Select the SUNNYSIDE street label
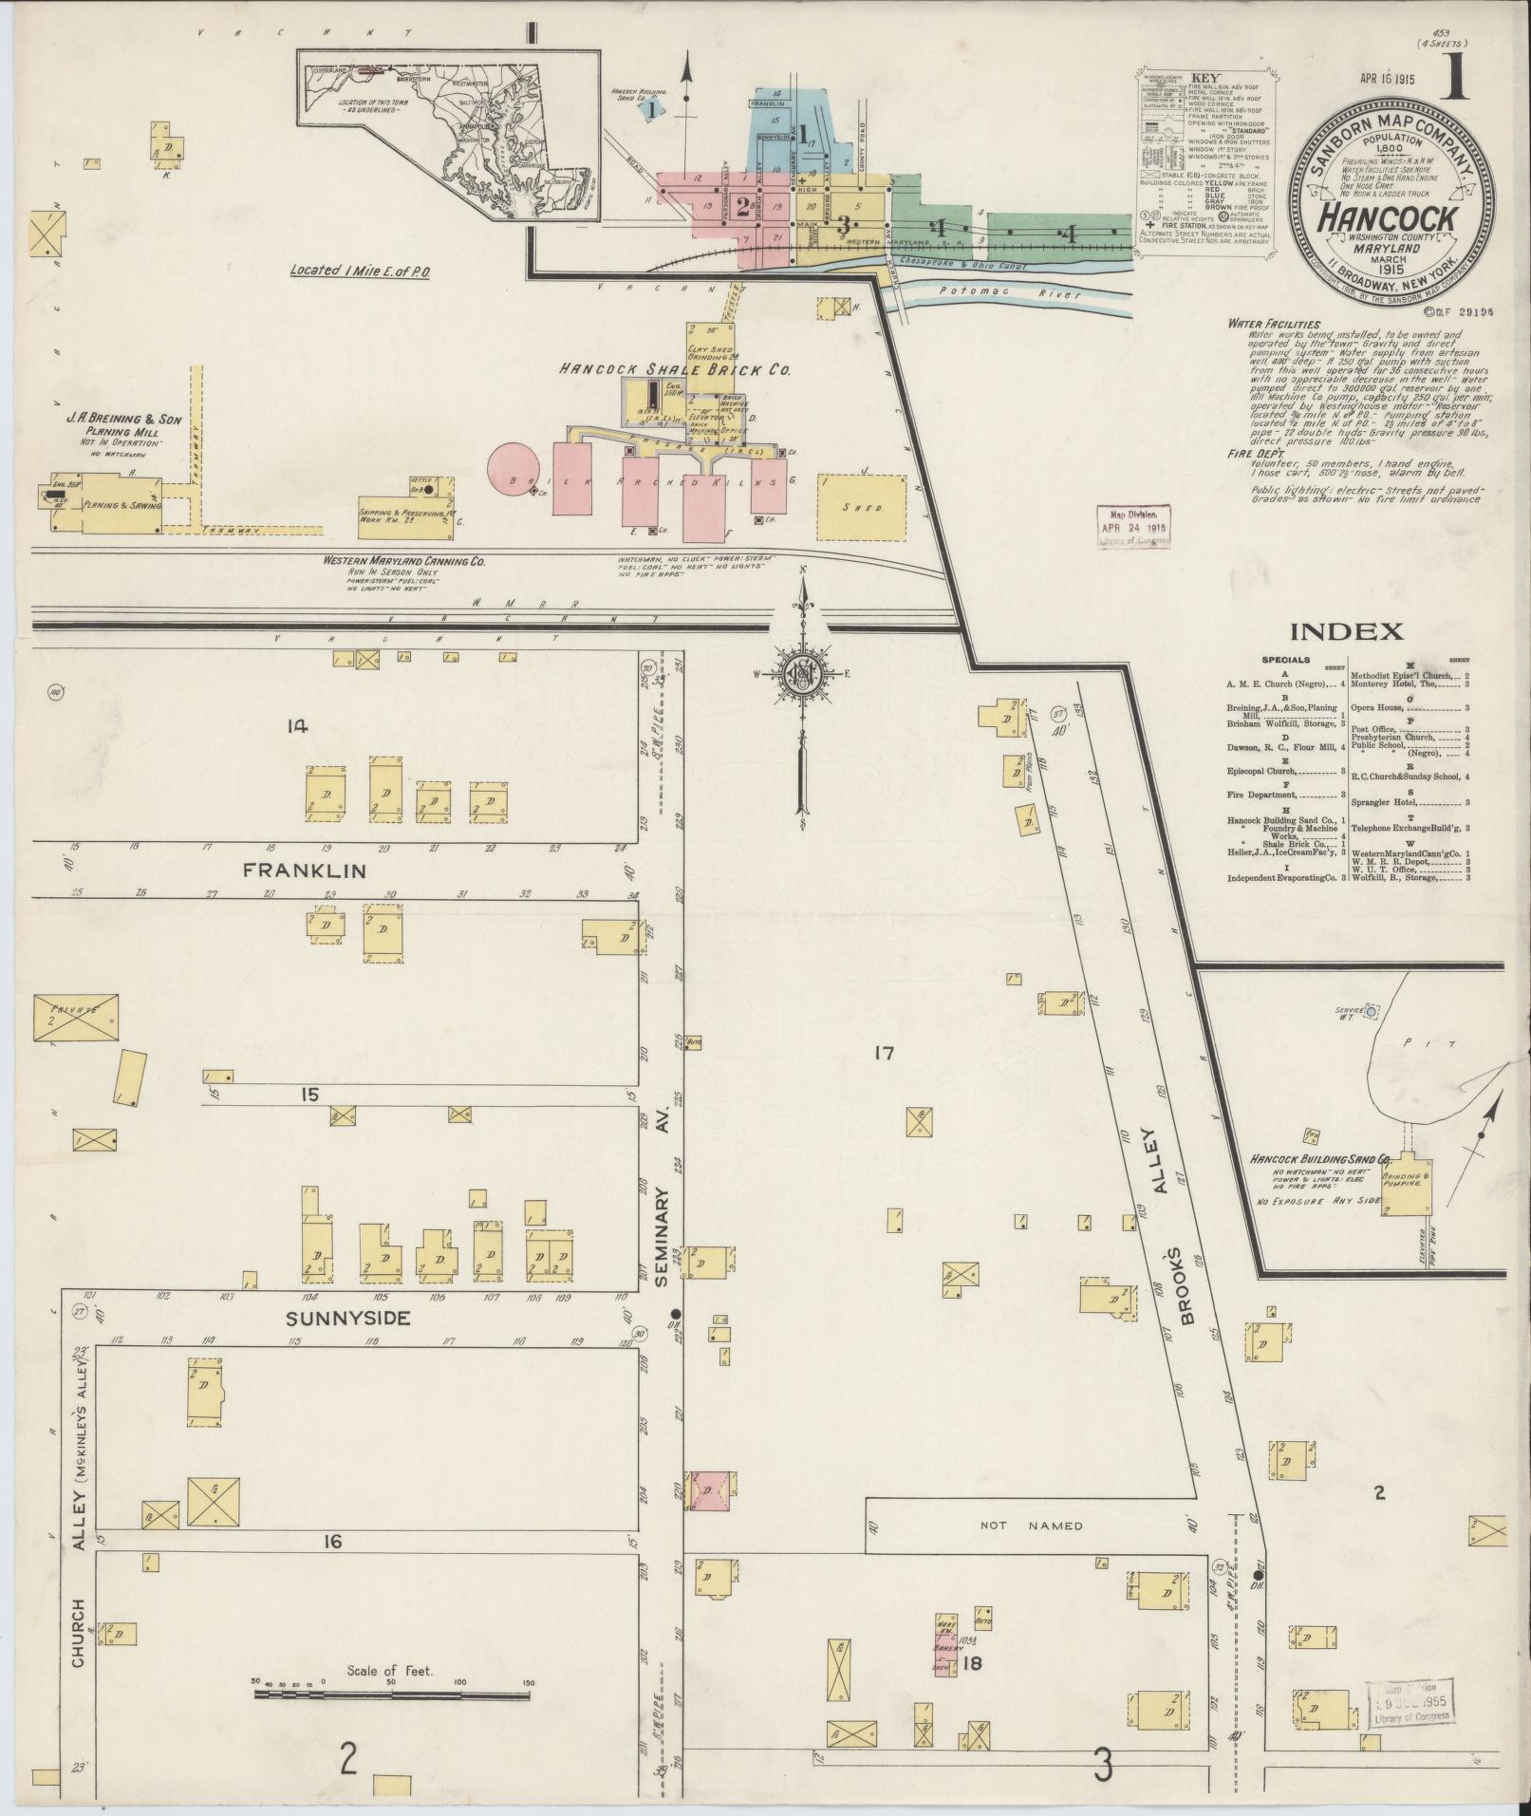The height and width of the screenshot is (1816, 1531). click(348, 1318)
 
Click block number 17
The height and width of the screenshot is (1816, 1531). click(885, 1053)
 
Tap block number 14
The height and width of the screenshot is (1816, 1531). click(298, 727)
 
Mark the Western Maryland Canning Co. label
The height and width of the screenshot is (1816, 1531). click(403, 561)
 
